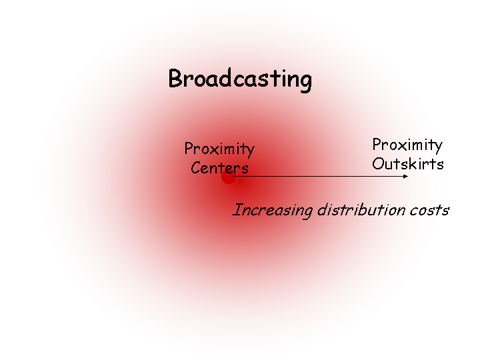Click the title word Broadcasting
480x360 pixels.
point(240,79)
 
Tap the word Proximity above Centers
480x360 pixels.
point(219,149)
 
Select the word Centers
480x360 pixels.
point(219,168)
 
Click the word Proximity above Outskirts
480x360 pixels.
point(407,145)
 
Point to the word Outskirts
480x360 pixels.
point(407,164)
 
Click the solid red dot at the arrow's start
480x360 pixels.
point(228,177)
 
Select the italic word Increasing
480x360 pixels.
point(273,211)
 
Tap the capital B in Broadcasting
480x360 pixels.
point(175,79)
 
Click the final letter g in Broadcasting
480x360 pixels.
point(305,82)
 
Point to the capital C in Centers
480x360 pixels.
point(196,168)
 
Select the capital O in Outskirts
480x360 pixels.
point(378,164)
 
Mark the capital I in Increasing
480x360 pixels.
point(236,211)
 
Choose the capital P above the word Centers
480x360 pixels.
point(189,149)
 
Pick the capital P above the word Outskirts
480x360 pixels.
point(377,145)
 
